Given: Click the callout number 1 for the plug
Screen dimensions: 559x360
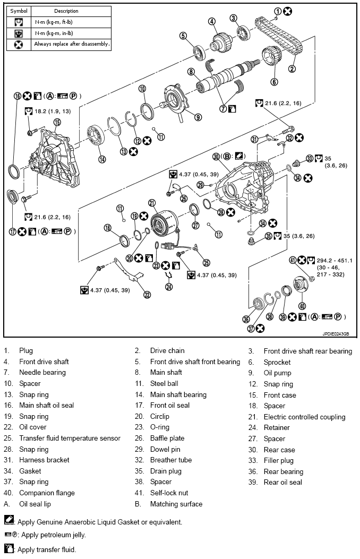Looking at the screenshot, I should point(278,11).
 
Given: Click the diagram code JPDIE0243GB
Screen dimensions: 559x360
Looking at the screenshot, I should point(336,334).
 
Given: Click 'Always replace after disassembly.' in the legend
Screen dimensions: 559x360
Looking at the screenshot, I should point(72,44).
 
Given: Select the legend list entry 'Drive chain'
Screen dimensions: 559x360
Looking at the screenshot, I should point(167,350).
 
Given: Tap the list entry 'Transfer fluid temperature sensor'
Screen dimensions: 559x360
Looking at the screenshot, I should point(70,438).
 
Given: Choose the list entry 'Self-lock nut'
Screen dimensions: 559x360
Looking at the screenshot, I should point(169,493).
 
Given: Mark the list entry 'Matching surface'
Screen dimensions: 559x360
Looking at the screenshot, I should point(176,504).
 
